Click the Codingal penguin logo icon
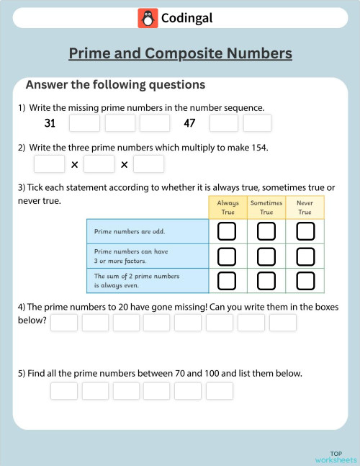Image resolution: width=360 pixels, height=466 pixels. [148, 18]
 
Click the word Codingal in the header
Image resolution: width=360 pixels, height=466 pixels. [187, 18]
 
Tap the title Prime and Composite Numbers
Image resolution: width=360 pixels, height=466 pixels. [180, 53]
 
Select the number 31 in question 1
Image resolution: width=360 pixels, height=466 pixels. [50, 123]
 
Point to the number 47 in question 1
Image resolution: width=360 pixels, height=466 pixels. [189, 123]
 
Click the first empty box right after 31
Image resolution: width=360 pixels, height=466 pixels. [84, 123]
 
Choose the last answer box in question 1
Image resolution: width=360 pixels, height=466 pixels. [257, 123]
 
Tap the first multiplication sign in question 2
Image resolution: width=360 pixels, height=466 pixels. [74, 165]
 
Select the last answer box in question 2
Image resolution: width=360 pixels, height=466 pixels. [149, 164]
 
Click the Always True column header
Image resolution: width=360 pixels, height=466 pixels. [228, 207]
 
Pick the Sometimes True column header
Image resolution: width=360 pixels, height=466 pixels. [266, 207]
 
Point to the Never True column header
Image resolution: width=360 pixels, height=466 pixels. [305, 207]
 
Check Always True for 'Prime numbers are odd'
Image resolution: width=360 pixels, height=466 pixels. [227, 231]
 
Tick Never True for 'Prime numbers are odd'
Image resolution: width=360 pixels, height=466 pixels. [305, 231]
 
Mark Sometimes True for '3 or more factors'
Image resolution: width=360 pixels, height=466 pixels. [266, 256]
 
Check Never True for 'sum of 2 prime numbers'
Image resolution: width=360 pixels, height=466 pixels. [305, 280]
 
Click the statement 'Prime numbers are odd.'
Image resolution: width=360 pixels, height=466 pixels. [124, 232]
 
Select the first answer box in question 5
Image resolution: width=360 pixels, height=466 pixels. [63, 391]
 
